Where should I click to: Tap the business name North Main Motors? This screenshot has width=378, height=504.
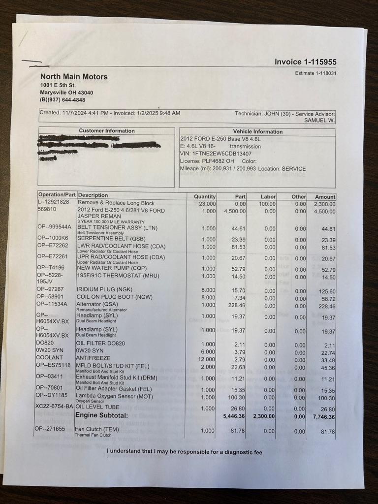pos(74,77)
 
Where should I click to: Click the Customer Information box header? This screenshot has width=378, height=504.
pos(106,131)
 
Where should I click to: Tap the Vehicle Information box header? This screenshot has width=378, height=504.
pos(257,131)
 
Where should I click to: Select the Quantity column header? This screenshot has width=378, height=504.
pos(205,196)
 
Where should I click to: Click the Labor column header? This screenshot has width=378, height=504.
pos(268,196)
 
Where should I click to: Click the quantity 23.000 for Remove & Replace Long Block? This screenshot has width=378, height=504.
pos(207,203)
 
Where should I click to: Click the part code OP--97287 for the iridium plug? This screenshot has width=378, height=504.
pos(50,289)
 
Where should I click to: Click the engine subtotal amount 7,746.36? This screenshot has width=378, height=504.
pos(322,416)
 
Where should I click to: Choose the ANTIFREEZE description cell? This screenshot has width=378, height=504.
pos(93,358)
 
